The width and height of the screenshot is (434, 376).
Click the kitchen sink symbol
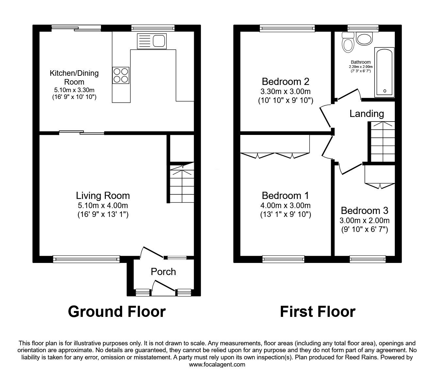(x=152, y=41)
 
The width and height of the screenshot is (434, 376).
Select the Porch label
(x=163, y=272)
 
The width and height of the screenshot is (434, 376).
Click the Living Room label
(x=103, y=196)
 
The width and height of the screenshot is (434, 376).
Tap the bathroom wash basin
(x=364, y=39)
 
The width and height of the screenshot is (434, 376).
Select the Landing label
(x=366, y=114)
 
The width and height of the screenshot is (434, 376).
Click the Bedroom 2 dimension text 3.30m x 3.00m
(x=285, y=91)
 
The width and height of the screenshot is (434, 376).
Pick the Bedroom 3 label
(x=364, y=210)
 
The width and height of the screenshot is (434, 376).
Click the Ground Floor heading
(x=117, y=311)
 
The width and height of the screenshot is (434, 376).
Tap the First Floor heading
(x=317, y=311)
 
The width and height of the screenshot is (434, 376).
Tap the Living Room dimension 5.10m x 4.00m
(x=103, y=206)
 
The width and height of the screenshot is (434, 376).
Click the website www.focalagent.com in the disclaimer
(x=217, y=365)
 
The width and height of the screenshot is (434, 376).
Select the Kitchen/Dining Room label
(x=74, y=77)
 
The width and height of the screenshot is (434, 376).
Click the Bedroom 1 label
(x=285, y=196)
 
